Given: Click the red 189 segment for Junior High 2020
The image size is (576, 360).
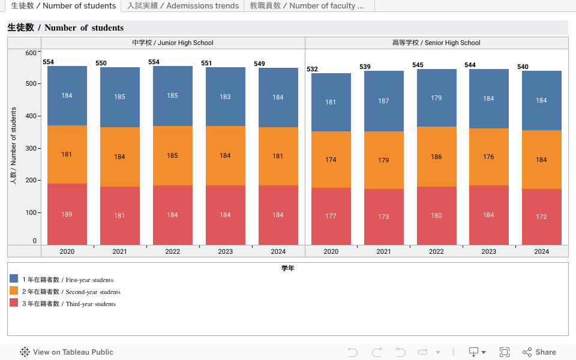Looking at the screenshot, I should (67, 214).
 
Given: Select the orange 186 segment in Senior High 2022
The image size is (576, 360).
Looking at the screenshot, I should (436, 157).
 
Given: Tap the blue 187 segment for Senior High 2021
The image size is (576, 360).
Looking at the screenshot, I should (383, 101).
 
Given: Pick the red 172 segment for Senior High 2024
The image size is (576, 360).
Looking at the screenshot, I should (541, 217).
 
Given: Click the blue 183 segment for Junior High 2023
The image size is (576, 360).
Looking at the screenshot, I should (225, 97).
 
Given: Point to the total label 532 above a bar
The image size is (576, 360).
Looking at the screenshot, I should (312, 69).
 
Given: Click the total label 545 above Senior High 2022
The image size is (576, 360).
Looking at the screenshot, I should (418, 65).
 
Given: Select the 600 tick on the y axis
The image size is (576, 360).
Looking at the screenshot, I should (31, 53).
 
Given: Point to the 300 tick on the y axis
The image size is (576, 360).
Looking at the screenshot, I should (31, 148).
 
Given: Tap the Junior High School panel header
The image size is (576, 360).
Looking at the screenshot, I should (173, 43).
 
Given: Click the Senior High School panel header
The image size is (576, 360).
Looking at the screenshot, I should (436, 43).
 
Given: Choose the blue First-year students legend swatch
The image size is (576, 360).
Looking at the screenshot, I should (14, 278).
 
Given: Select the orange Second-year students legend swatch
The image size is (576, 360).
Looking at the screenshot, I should (14, 290).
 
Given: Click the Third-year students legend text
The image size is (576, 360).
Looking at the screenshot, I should (69, 304).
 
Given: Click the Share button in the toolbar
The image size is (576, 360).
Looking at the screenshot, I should (539, 352).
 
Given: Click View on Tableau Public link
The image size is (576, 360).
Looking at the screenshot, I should (67, 352).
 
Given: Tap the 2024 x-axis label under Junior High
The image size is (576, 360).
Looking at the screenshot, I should (278, 251).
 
